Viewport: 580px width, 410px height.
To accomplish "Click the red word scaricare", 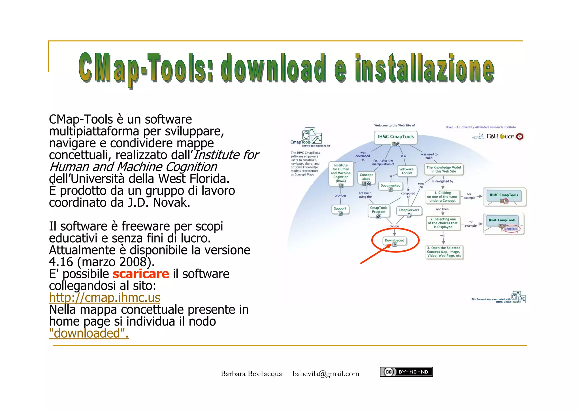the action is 141,274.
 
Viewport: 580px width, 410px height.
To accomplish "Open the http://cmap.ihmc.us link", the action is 105,298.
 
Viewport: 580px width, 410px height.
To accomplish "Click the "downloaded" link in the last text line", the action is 89,333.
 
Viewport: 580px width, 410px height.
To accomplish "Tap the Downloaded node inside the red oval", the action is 395,241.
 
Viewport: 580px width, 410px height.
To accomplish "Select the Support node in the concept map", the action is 340,209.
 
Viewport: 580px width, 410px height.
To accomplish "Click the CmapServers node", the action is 409,210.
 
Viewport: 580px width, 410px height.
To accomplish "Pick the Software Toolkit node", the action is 406,171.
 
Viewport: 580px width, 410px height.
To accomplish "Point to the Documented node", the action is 390,186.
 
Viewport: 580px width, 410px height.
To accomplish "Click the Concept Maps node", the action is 366,177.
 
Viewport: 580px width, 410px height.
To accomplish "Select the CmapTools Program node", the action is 379,210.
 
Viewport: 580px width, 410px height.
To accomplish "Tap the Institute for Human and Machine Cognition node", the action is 341,173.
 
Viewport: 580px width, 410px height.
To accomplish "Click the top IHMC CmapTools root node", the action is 396,137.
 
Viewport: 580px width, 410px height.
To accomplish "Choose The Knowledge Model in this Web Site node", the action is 443,169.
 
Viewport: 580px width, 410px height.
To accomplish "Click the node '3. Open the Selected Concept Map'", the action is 444,252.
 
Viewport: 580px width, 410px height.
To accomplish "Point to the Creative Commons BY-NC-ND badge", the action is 406,372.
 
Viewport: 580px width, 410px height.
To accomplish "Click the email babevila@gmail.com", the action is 326,374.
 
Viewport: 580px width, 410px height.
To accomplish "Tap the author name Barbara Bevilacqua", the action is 251,374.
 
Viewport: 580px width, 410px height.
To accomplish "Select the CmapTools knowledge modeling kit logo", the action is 310,137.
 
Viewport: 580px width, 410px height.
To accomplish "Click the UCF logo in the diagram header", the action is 507,137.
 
